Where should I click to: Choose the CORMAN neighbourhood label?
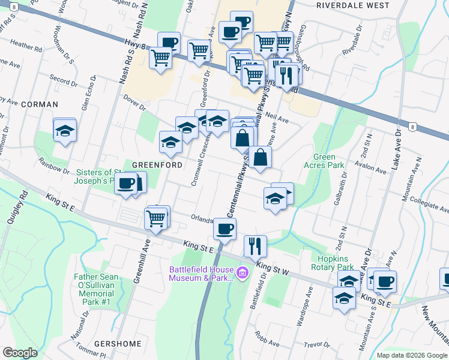click(40, 104)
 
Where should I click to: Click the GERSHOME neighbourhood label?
click(122, 344)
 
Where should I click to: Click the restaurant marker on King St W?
click(255, 245)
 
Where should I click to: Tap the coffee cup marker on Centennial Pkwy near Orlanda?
click(224, 228)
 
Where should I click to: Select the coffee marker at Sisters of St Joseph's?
click(127, 183)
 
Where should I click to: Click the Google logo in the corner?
click(20, 353)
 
